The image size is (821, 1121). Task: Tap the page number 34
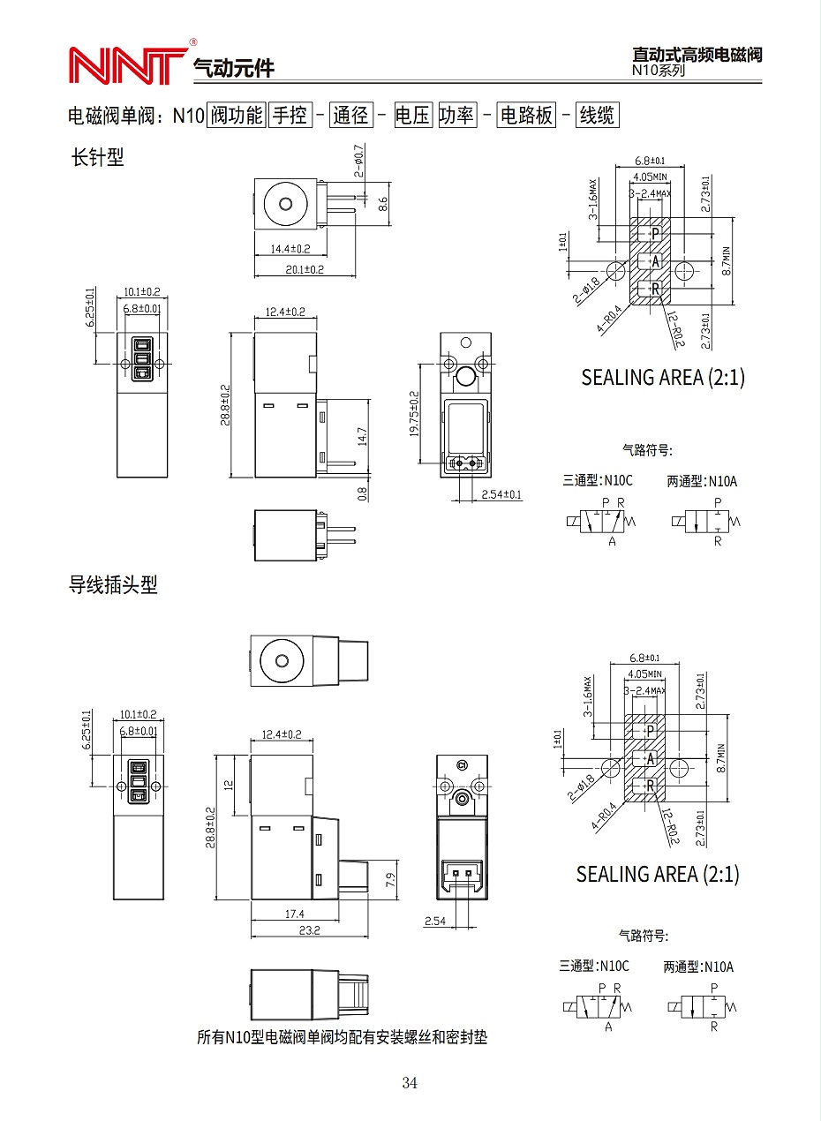tap(409, 1083)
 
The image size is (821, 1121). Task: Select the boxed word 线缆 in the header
tap(596, 115)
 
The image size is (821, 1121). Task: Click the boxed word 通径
tap(351, 115)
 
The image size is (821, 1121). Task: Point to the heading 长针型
tap(97, 157)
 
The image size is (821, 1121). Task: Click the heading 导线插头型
tap(113, 584)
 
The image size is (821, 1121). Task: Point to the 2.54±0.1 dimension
tap(501, 494)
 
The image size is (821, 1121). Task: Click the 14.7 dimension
tap(363, 436)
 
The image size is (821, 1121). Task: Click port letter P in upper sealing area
tap(655, 233)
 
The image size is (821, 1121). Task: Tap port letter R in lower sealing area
tap(651, 786)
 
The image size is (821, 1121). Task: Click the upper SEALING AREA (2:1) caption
tap(662, 377)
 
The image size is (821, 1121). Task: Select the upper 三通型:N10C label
tap(598, 480)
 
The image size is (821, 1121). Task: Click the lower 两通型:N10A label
tap(698, 967)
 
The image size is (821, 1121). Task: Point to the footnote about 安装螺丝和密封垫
tap(342, 1037)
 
